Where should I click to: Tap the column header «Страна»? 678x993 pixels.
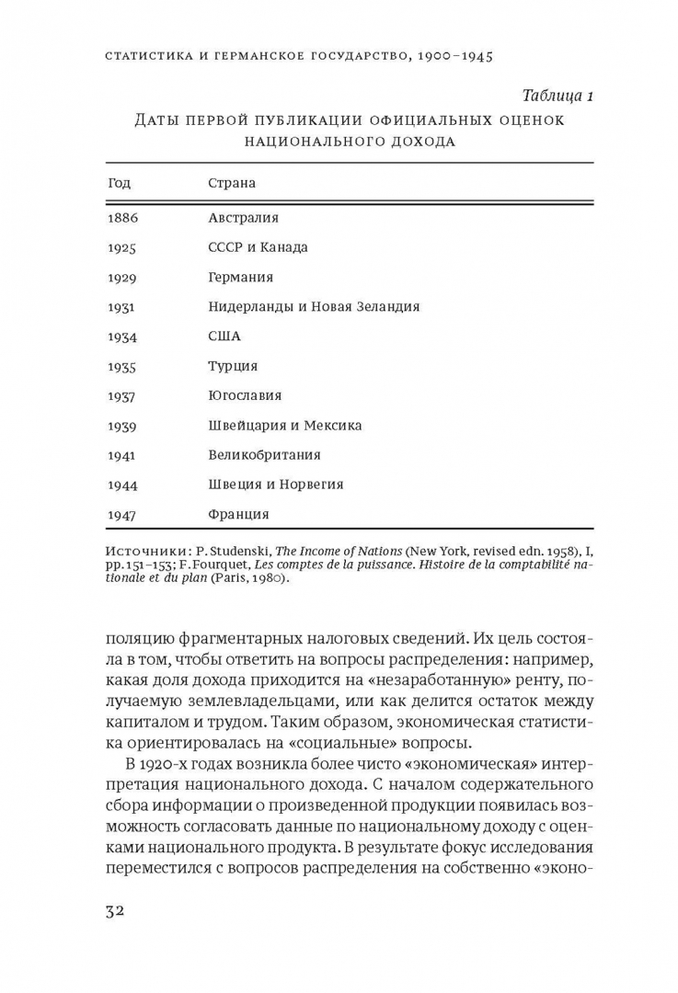coord(232,183)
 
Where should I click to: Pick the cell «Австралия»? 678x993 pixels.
coord(243,218)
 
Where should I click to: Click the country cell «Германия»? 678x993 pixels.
coord(240,277)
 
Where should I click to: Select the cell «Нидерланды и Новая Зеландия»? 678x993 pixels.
coord(314,306)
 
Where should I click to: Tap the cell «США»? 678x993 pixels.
coord(224,337)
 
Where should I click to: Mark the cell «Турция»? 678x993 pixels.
coord(233,366)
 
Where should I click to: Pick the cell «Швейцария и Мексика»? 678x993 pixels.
coord(285,425)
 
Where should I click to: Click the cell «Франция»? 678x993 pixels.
coord(238,514)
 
